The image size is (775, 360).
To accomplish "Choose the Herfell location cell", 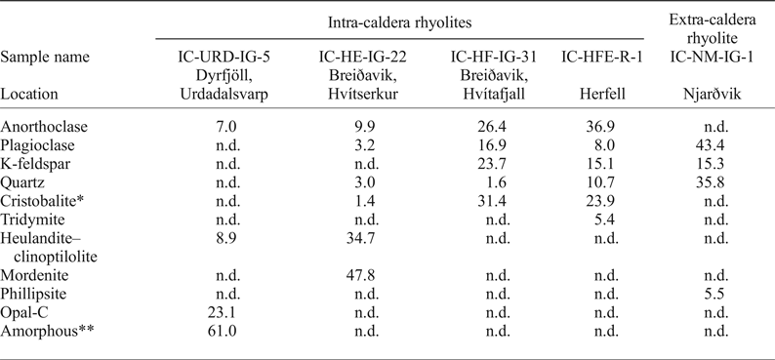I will pyautogui.click(x=597, y=95).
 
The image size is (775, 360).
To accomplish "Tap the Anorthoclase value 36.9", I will pyautogui.click(x=597, y=128).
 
